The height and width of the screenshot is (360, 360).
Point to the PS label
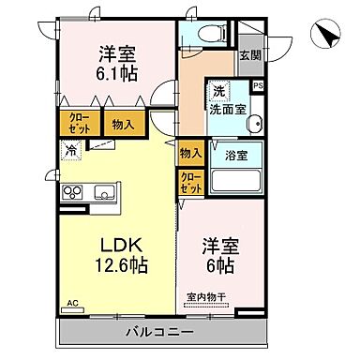tap(259, 85)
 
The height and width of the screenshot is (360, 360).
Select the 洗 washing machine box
tap(218, 91)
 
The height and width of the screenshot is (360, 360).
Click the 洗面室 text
tap(229, 109)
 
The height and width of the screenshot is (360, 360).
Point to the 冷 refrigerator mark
tap(71, 149)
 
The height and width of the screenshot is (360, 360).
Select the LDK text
tap(121, 245)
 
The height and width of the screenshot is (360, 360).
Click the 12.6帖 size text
tap(120, 266)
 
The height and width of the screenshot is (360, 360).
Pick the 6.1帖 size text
tap(116, 72)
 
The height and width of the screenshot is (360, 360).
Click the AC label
tap(72, 304)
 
